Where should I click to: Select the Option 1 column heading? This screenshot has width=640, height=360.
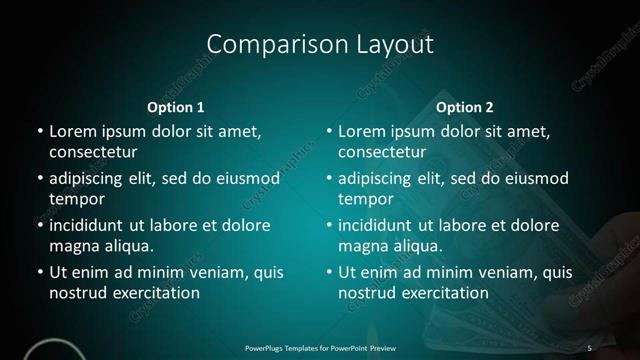point(176,107)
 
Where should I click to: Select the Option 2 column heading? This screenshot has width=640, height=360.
point(465,107)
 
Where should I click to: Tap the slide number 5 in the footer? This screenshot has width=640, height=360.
point(591,347)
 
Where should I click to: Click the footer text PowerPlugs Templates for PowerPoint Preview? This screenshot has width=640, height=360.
point(319,347)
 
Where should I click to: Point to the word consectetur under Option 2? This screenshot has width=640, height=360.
point(383,153)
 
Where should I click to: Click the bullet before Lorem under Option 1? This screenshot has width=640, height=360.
point(39,132)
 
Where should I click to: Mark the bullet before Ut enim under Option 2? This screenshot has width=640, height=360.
point(329,272)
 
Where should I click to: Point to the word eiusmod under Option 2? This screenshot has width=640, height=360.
point(535,179)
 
